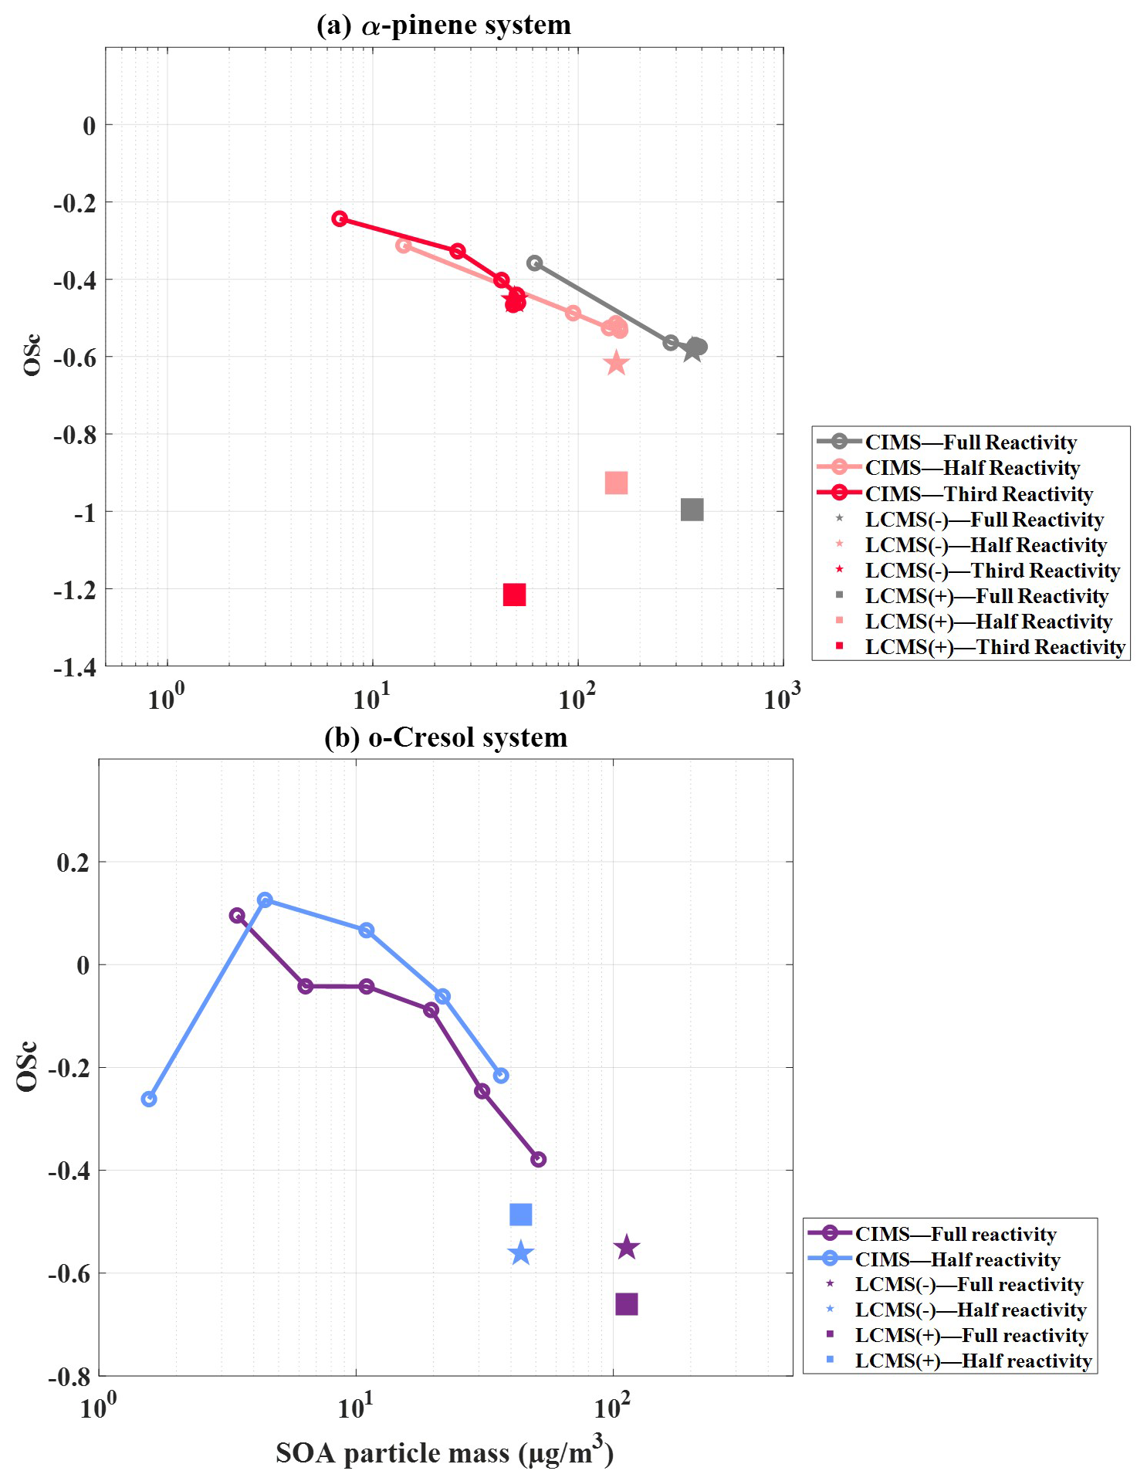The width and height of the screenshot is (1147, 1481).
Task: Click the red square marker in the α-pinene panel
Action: click(x=514, y=595)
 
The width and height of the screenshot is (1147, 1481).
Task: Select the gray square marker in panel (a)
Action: click(x=692, y=510)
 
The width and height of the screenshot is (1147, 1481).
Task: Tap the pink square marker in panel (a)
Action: click(x=616, y=483)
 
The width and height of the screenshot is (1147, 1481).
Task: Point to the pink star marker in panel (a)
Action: click(x=616, y=363)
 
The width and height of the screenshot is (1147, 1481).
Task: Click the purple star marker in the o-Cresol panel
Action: click(x=626, y=1247)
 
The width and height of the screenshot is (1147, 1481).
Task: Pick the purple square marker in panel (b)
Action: click(x=626, y=1304)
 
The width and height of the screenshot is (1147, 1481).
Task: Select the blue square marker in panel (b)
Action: click(x=520, y=1215)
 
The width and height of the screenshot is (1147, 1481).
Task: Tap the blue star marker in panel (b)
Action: click(x=520, y=1253)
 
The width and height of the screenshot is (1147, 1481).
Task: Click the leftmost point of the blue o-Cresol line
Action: click(x=149, y=1099)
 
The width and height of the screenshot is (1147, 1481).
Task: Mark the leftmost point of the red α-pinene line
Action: click(x=340, y=219)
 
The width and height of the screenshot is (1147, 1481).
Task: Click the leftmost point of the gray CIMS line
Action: click(x=534, y=263)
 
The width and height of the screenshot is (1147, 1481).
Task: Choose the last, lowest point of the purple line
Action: click(x=539, y=1159)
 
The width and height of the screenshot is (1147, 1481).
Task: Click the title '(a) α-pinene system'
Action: click(x=444, y=25)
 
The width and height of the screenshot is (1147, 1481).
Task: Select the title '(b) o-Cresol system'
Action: click(x=445, y=737)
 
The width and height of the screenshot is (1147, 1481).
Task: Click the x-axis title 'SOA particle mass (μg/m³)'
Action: click(x=445, y=1453)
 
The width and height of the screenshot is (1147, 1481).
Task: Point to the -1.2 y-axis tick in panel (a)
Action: click(x=75, y=590)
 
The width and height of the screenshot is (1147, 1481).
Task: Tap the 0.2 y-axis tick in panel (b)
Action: click(x=73, y=863)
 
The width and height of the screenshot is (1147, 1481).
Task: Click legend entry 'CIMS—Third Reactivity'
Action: click(x=978, y=493)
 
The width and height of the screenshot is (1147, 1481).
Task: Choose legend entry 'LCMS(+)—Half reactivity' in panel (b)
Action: click(x=973, y=1361)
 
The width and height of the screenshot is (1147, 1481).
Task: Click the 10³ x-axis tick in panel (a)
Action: click(x=782, y=698)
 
